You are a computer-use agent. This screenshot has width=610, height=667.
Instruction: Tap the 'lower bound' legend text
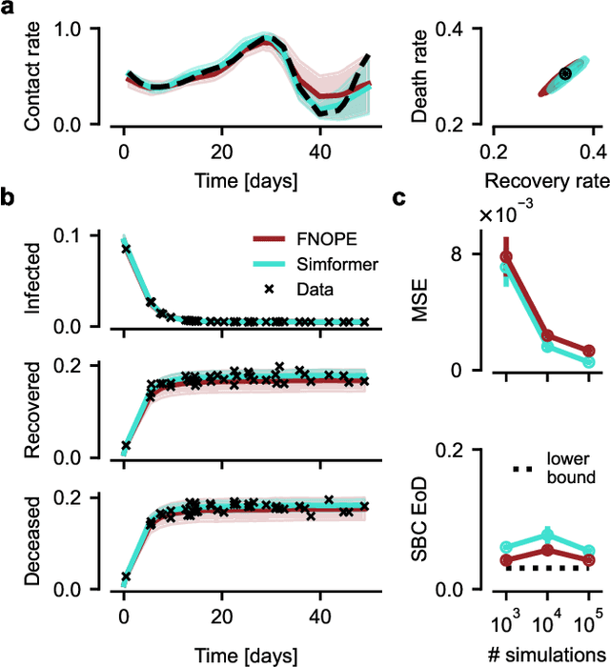(x=568, y=466)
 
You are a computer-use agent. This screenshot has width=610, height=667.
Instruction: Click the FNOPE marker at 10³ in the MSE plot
(x=506, y=256)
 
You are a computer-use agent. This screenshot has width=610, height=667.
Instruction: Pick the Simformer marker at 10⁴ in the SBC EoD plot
(x=547, y=535)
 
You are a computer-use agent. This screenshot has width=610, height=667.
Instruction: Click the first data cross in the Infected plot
(x=126, y=249)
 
